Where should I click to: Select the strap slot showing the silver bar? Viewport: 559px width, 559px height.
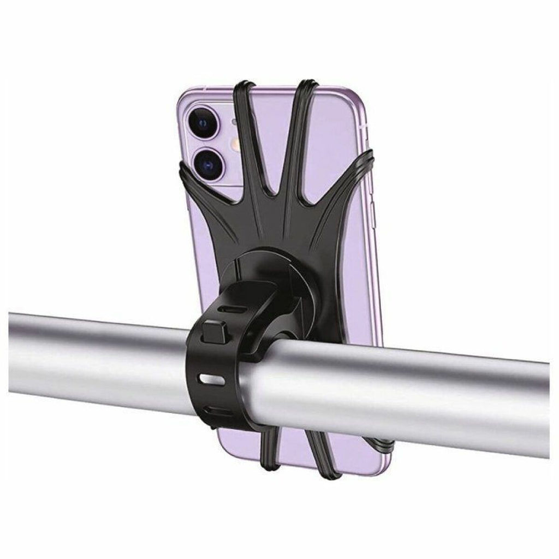point(209,379)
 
